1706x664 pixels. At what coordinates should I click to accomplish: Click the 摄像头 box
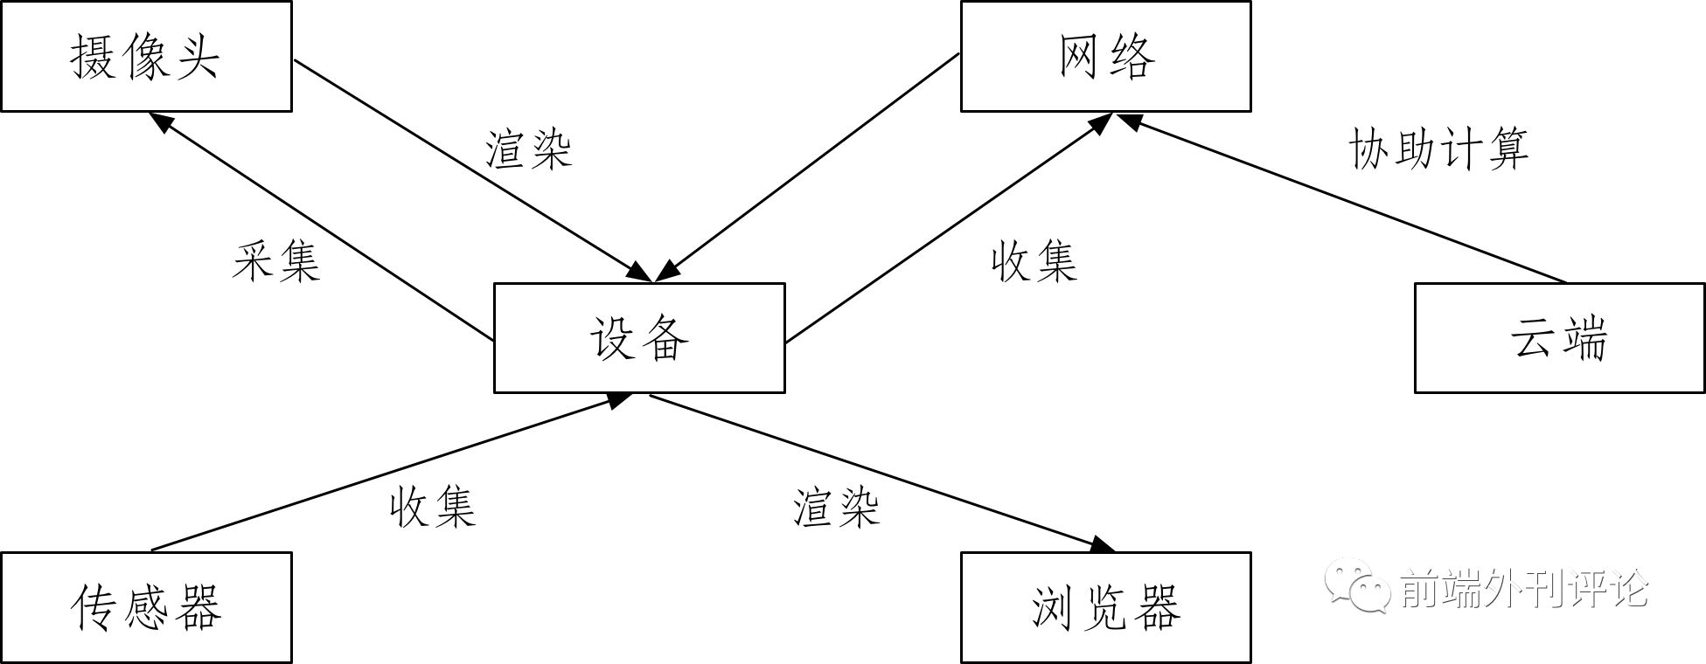pos(145,57)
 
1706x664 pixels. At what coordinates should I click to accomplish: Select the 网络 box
pos(1105,57)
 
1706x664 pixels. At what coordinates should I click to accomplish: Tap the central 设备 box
pos(638,338)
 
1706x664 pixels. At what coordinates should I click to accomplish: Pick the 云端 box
pos(1559,338)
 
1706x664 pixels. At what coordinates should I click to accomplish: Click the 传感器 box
pos(145,607)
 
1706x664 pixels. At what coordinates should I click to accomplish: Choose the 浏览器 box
pos(1105,607)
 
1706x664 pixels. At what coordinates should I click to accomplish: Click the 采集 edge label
pos(276,261)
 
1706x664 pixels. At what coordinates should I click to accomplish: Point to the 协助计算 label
pos(1438,149)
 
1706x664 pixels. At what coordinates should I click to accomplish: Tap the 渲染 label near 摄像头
pos(528,149)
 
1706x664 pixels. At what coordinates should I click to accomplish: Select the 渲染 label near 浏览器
pos(835,507)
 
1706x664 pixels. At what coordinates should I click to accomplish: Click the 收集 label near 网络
pos(1034,261)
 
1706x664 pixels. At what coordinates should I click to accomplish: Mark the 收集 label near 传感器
pos(432,507)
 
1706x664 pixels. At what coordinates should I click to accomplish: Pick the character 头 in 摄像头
pos(195,57)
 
